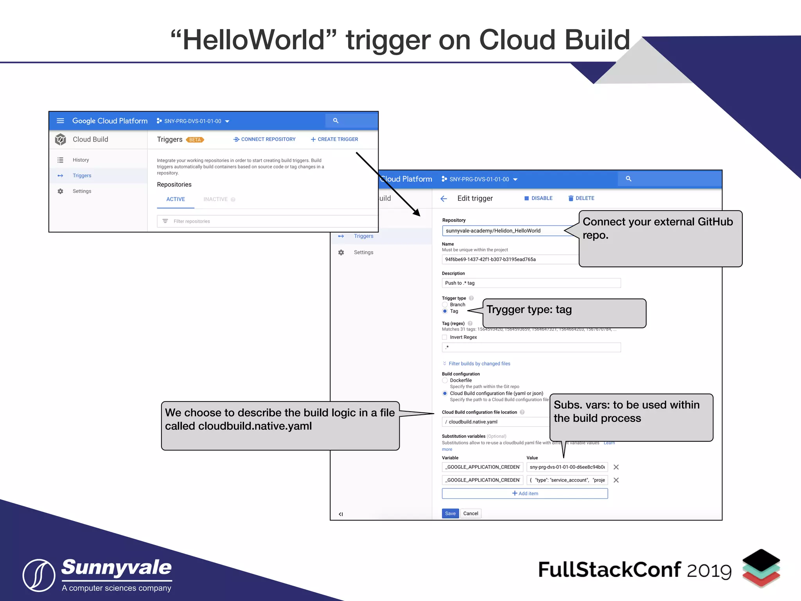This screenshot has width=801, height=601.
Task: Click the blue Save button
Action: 450,513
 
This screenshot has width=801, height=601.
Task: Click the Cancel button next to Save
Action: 471,513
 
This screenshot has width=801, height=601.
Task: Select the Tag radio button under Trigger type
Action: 445,311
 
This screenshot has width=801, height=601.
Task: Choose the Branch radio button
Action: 445,304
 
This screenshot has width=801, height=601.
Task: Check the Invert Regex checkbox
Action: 444,337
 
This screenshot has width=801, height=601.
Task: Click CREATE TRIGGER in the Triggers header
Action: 334,139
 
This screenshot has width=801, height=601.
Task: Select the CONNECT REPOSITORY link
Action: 264,139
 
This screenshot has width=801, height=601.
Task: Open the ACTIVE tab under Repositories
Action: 176,199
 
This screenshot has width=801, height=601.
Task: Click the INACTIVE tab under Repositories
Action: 216,199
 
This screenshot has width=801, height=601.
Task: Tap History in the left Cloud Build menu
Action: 81,160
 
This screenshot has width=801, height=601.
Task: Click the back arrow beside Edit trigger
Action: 444,199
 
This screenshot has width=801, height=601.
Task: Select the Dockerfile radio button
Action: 445,380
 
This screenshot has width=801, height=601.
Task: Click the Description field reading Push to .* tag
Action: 531,283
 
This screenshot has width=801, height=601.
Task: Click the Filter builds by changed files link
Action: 479,363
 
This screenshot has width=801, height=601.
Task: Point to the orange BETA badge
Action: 195,140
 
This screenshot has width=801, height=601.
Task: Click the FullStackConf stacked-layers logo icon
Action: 761,568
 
